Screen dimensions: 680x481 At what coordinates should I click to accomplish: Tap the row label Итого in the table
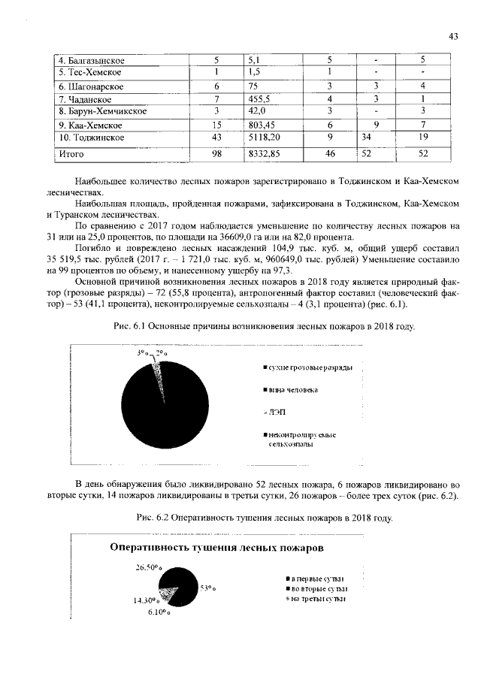72,154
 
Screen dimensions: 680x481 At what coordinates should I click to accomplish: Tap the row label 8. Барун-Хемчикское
102,111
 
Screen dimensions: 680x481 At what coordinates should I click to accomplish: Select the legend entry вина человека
293,390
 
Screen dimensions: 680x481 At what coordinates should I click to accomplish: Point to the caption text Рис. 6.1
128,326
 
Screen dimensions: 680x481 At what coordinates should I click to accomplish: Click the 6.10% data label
159,613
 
